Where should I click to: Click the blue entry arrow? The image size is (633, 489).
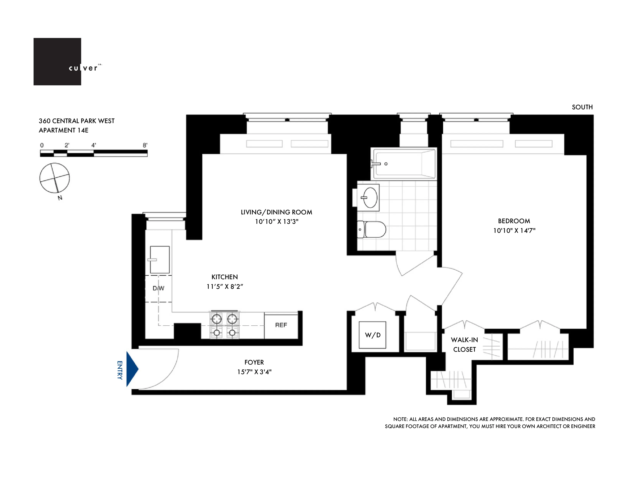(x=132, y=369)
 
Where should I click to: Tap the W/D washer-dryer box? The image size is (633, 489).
(x=373, y=335)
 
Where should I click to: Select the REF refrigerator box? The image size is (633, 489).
(x=281, y=325)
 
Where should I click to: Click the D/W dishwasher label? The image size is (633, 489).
(x=158, y=288)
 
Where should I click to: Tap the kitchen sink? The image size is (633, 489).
(x=160, y=260)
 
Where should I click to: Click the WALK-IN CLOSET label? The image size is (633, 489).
(x=464, y=344)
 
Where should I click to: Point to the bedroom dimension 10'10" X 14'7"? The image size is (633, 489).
(x=514, y=231)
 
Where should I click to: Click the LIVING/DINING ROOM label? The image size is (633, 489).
(x=276, y=212)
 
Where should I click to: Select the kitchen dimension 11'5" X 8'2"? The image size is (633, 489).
(x=225, y=286)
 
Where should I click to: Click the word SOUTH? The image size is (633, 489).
(x=582, y=107)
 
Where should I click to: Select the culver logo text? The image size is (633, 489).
(x=83, y=68)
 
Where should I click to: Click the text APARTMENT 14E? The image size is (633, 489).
(x=63, y=130)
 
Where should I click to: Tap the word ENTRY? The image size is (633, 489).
(x=120, y=370)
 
